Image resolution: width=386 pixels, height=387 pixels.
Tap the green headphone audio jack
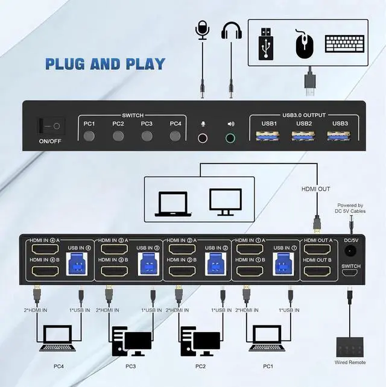coord(230,137)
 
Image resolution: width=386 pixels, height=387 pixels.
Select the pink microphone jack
coord(203,137)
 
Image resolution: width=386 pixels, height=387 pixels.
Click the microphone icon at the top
coord(201,31)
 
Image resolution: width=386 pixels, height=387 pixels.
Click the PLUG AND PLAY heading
coord(106,63)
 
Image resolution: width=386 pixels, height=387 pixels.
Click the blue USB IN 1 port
coord(283,264)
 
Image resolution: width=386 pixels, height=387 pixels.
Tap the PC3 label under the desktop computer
coord(131,365)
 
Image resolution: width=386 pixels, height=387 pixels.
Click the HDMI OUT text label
coord(316,189)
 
